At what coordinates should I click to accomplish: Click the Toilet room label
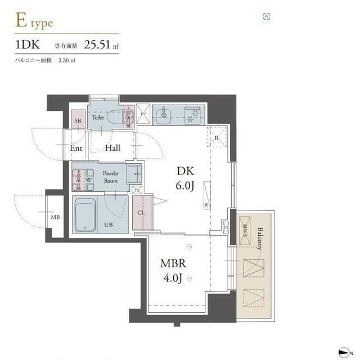(98, 119)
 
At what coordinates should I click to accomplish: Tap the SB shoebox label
(78, 120)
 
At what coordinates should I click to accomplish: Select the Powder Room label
(110, 177)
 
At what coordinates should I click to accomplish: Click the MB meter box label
(56, 217)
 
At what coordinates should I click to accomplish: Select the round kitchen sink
(165, 116)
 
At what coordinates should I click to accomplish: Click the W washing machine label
(89, 181)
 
